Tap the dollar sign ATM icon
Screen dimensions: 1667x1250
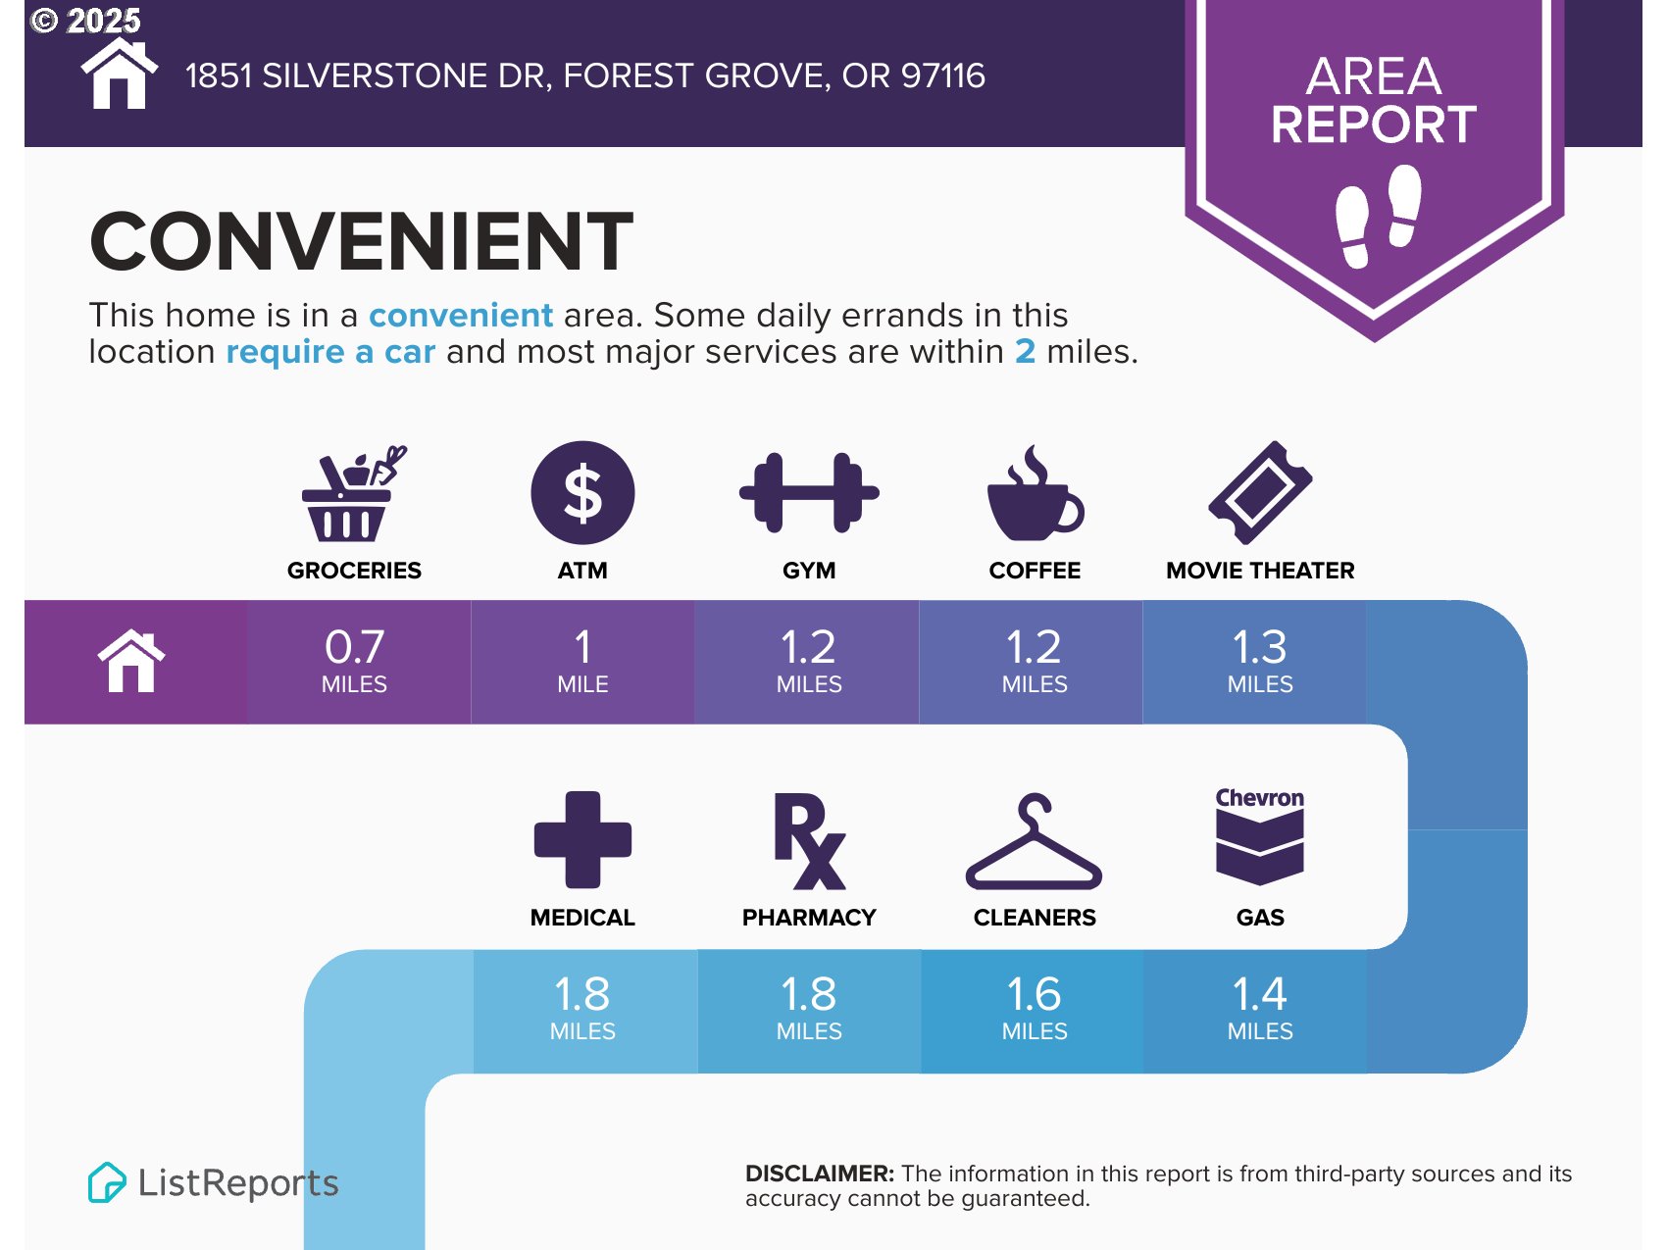582,492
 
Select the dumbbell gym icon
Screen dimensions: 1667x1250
809,492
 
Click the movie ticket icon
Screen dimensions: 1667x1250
1260,492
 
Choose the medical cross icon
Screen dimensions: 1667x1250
582,840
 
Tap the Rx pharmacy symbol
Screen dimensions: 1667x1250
809,841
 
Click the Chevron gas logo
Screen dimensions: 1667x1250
1260,836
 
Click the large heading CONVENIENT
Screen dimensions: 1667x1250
362,241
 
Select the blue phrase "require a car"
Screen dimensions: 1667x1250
330,351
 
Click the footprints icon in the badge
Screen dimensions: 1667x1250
1378,216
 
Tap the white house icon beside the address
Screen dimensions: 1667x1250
120,74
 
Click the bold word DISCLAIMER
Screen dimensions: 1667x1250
820,1174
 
